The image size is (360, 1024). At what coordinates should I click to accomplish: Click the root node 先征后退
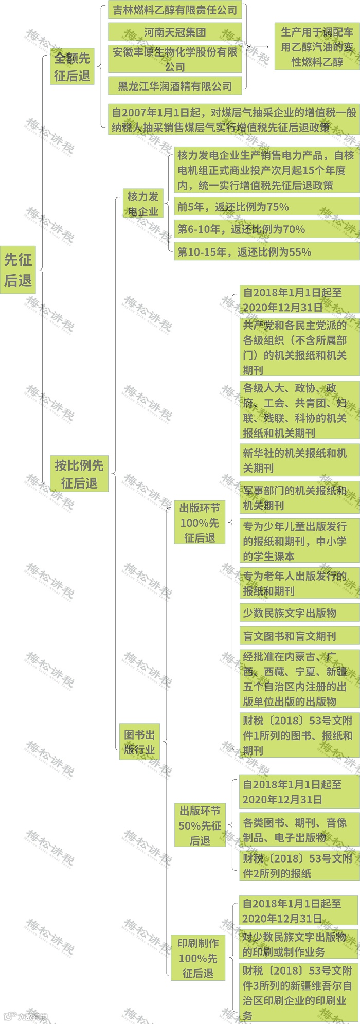pos(18,270)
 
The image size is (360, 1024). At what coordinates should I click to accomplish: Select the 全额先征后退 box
pos(72,67)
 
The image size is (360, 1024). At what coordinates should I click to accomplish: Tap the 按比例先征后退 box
pos(79,474)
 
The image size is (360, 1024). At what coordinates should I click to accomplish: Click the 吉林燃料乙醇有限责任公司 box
pos(175,10)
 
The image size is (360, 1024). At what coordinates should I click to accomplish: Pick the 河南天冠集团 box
pos(175,32)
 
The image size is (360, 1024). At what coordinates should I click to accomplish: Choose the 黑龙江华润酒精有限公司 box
pos(175,86)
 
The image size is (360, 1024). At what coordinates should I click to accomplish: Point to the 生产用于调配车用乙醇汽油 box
pos(317,47)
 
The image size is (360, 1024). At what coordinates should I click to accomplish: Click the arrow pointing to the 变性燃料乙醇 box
pos(261,47)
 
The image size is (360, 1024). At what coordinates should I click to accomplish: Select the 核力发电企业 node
pos(143,204)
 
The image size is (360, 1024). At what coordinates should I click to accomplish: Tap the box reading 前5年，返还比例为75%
pos(266,207)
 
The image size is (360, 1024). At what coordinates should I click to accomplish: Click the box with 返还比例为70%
pos(266,229)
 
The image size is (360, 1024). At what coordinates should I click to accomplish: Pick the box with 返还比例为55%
pos(266,252)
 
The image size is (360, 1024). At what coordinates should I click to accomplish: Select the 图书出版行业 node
pos(139,742)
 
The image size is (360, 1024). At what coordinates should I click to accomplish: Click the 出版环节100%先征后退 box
pos(200,523)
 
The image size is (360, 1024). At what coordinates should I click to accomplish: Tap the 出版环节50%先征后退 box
pos(200,825)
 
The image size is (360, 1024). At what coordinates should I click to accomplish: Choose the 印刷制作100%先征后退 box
pos(198,958)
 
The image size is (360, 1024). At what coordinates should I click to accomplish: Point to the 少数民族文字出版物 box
pos(299,613)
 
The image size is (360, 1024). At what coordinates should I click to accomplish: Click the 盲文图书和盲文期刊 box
pos(299,636)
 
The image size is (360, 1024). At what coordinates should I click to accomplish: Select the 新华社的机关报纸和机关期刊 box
pos(299,460)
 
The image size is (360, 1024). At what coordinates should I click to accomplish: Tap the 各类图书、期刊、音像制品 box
pos(299,830)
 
